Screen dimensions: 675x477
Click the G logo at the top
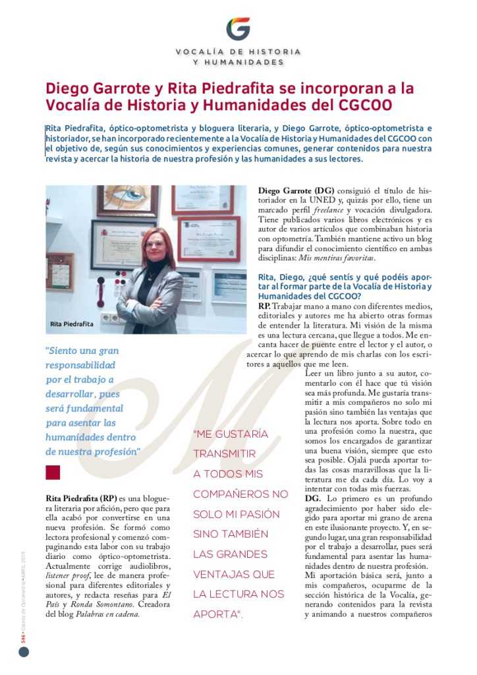(x=238, y=28)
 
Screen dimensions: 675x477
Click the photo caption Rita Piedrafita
(x=72, y=324)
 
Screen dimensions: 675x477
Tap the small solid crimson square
(x=53, y=473)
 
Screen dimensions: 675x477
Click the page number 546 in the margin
(x=22, y=635)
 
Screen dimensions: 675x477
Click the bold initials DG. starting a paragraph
(x=313, y=499)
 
